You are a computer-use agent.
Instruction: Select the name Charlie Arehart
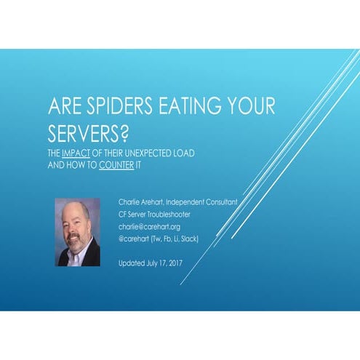140,201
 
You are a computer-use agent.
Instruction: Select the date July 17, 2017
161,263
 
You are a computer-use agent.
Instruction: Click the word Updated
131,263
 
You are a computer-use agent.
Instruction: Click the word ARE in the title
60,106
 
